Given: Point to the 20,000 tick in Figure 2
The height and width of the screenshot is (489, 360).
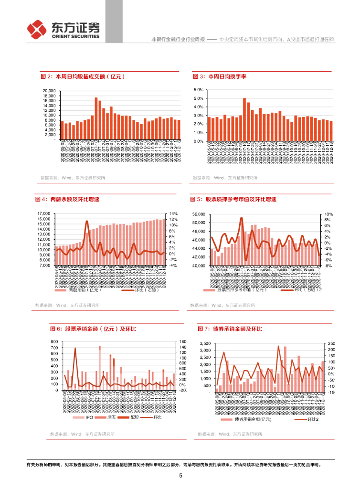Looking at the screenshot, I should pyautogui.click(x=49, y=90).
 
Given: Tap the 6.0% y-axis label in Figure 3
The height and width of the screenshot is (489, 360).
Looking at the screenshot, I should pyautogui.click(x=199, y=90).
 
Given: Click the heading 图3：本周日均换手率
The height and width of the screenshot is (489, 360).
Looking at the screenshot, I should pyautogui.click(x=220, y=76).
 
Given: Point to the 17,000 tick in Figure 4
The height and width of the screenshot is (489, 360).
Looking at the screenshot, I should pyautogui.click(x=43, y=213).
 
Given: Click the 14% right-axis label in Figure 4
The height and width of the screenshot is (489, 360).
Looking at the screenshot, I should pyautogui.click(x=173, y=213).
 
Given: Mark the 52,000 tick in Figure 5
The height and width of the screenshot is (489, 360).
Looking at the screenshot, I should pyautogui.click(x=198, y=214).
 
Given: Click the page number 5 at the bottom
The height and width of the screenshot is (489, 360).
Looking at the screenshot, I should pyautogui.click(x=180, y=476).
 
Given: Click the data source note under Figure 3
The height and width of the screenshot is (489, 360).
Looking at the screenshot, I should pyautogui.click(x=225, y=178).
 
